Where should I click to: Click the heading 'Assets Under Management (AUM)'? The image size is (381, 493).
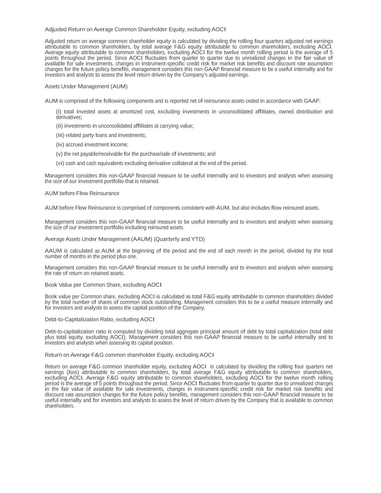(86, 87)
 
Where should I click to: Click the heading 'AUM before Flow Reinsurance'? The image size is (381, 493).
(82, 194)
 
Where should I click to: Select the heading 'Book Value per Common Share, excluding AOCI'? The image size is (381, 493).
(103, 285)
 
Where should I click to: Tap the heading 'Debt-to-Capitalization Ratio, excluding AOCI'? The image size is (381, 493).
(100, 320)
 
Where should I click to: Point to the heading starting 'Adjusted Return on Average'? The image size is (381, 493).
(135, 30)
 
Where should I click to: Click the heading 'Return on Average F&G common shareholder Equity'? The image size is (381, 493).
(129, 355)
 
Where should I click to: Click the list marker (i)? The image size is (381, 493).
(59, 112)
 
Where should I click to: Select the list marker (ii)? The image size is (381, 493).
(60, 126)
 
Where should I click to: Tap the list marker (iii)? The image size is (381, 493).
(60, 135)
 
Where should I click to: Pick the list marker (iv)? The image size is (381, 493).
(60, 145)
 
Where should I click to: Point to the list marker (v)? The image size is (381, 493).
(59, 154)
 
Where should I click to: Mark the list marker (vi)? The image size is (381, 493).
(60, 163)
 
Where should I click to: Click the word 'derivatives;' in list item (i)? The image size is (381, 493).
(69, 117)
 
